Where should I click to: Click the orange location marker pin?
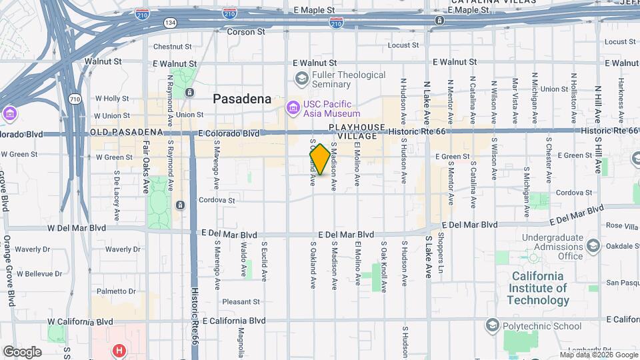[320, 159]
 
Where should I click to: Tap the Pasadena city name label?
[242, 99]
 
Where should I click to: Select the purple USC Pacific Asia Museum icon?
[293, 107]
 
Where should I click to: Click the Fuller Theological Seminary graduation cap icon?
[302, 79]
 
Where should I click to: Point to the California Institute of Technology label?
[537, 288]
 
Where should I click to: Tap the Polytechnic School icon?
[492, 325]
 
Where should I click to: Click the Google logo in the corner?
[22, 351]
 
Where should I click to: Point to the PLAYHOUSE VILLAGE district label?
[357, 131]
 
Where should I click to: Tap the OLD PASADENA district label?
[127, 133]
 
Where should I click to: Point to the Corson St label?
[246, 31]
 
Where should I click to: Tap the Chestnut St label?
[172, 47]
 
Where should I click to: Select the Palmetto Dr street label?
[115, 291]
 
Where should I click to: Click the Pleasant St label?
[241, 301]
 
